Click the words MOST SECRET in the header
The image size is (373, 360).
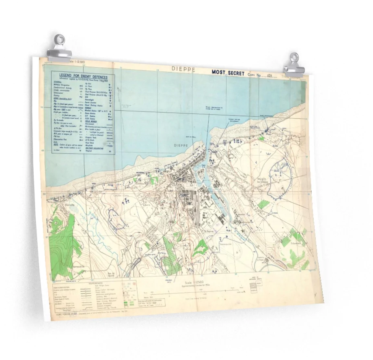228,73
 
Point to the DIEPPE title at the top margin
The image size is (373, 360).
183,70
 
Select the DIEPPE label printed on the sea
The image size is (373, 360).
181,145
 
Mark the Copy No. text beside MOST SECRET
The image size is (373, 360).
258,75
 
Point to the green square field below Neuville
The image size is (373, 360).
264,204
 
